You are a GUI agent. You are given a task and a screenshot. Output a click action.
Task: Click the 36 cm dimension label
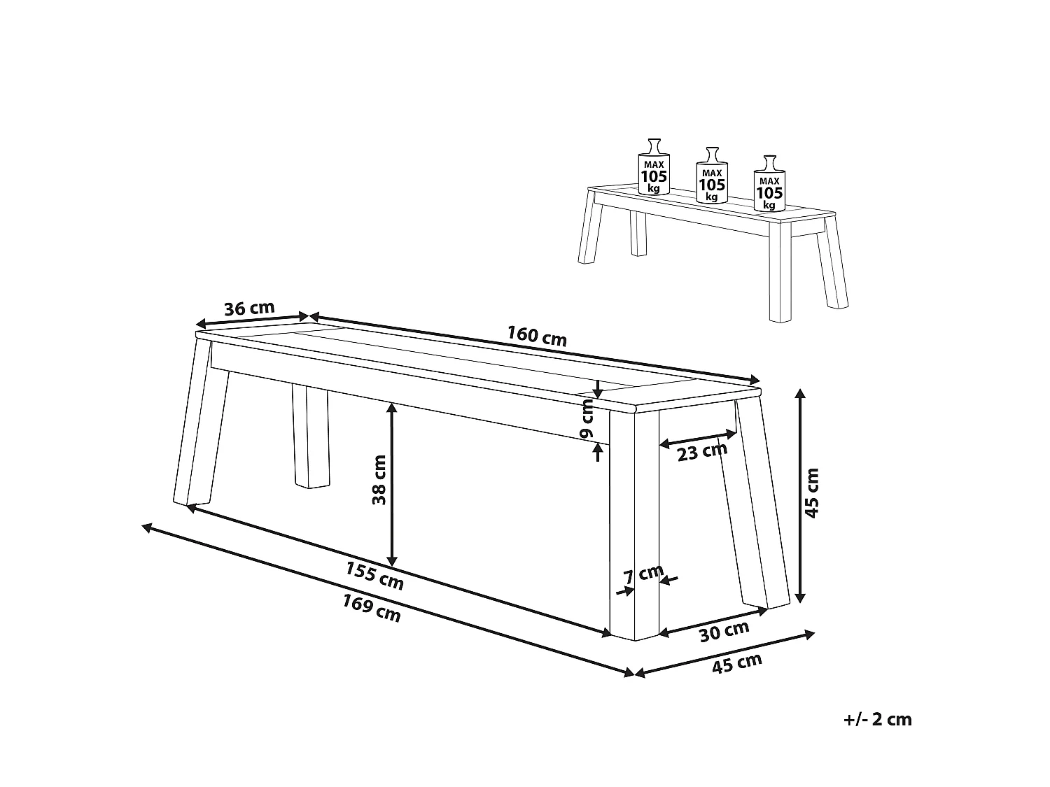click(249, 309)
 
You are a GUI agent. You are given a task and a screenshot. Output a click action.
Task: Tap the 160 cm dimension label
click(537, 336)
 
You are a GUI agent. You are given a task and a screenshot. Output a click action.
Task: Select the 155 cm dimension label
click(374, 576)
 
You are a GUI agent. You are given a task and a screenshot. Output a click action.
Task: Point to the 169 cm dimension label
click(371, 608)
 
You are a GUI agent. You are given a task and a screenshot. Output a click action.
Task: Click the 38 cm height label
click(379, 479)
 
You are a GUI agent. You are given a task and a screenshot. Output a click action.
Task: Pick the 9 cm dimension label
click(586, 419)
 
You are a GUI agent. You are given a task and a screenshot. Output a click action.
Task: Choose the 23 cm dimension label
click(702, 451)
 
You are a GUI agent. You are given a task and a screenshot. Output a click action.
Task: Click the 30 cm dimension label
click(724, 632)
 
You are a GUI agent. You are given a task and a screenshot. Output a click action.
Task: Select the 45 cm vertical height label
click(812, 492)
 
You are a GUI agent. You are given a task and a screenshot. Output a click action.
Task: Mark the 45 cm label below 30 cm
click(736, 664)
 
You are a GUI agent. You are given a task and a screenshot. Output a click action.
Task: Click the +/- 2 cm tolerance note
click(878, 719)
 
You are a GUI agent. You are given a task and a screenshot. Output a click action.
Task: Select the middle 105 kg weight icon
click(712, 175)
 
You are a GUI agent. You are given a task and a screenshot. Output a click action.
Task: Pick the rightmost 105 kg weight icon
click(769, 183)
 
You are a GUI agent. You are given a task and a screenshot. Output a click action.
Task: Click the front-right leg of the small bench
click(780, 271)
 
